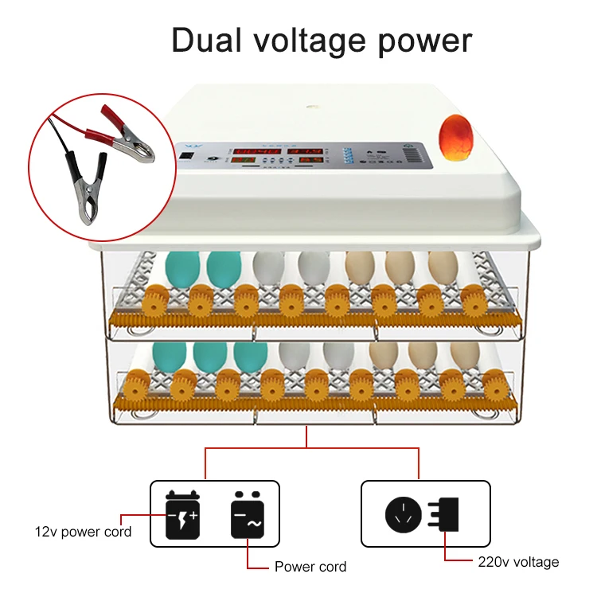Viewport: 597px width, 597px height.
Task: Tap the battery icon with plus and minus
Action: tap(182, 512)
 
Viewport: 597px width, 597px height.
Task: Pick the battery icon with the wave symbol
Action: tap(247, 512)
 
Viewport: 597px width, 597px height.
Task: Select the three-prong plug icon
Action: tap(443, 513)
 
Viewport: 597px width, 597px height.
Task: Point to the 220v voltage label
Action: tap(518, 562)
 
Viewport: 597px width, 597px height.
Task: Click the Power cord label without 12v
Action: tap(310, 567)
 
